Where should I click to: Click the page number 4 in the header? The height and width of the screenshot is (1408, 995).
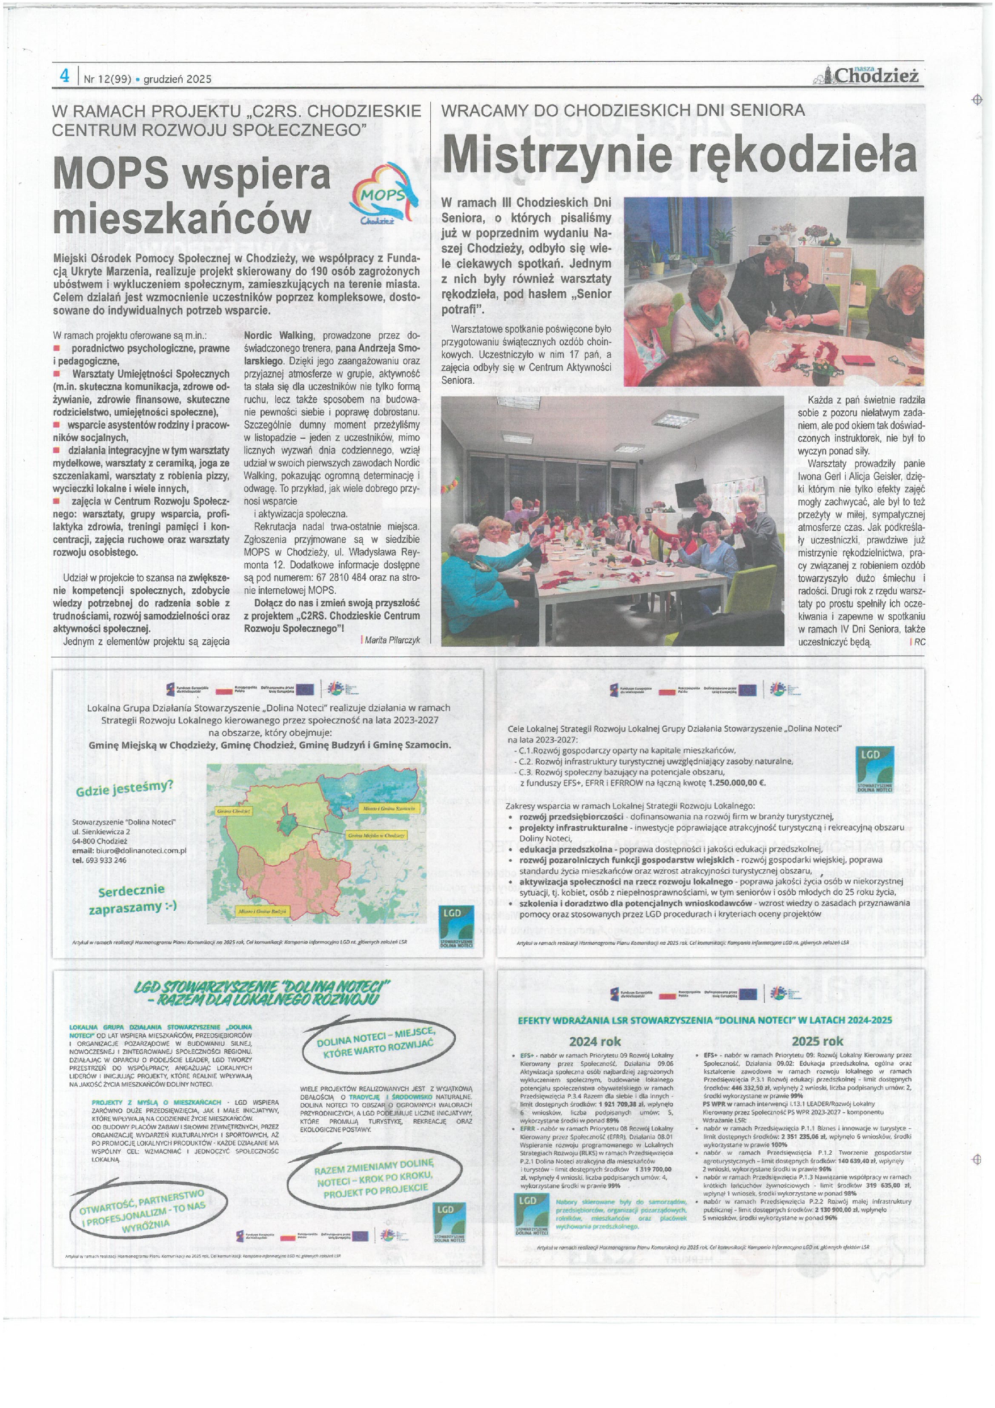coord(64,76)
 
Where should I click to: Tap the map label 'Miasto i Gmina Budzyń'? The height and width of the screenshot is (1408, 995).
coord(262,912)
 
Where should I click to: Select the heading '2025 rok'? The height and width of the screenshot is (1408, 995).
coord(817,1041)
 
